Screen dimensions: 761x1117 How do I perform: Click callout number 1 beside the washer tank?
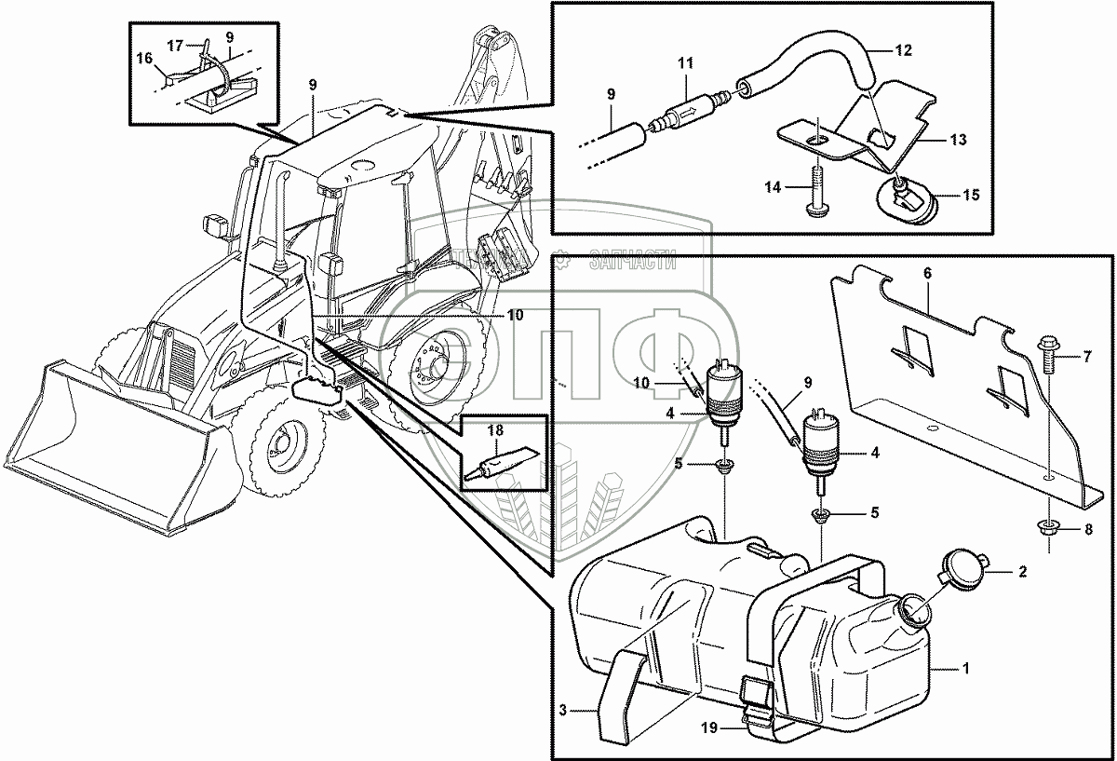point(966,668)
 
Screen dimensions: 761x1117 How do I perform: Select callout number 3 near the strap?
point(563,711)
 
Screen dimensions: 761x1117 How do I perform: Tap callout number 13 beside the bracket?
point(959,140)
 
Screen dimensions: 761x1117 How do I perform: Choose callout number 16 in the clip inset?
point(144,59)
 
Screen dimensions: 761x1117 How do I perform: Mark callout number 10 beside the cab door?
point(514,315)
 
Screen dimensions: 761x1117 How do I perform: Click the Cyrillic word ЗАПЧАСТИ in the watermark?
point(632,263)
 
